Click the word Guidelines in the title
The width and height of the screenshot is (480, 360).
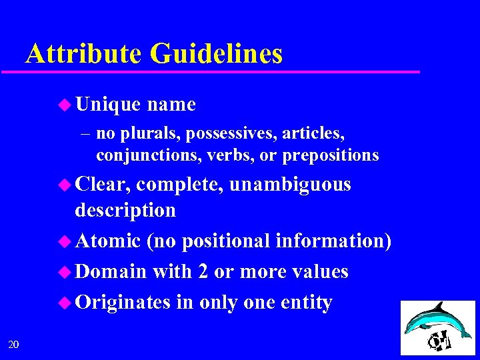[217, 53]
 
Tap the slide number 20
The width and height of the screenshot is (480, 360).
[13, 344]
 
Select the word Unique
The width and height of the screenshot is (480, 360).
[108, 105]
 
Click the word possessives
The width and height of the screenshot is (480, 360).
[231, 134]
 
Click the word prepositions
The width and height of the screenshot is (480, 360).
[331, 155]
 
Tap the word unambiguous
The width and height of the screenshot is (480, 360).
[290, 184]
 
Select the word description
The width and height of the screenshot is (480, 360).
[125, 210]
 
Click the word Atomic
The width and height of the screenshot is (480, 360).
[108, 241]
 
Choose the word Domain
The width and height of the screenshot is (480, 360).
[111, 271]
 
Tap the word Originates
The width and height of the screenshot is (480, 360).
[123, 302]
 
